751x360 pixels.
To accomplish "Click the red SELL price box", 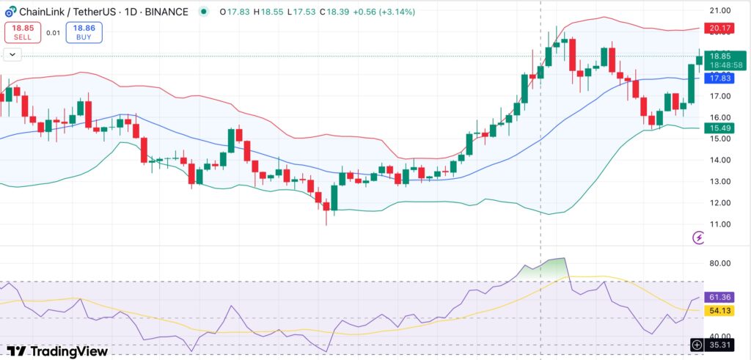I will coord(23,32).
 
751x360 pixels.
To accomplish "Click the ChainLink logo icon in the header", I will coord(10,12).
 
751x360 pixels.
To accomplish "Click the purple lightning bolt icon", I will coord(699,238).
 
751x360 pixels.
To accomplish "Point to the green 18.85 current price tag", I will coord(719,56).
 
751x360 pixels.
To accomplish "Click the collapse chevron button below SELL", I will coord(13,54).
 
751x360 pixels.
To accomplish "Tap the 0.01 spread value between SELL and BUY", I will coord(53,32).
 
